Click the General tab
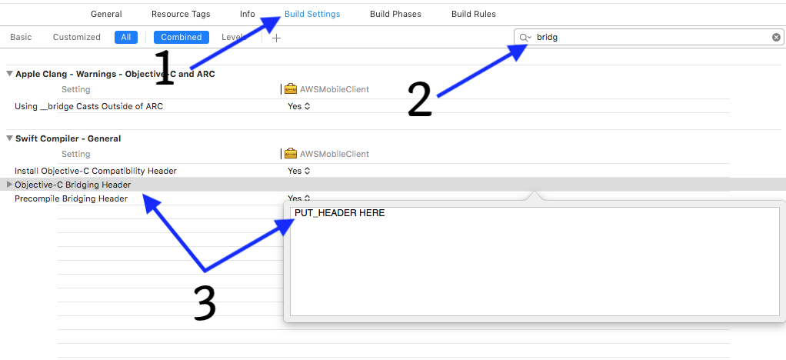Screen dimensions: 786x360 [106, 14]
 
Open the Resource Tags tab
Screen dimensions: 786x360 [181, 14]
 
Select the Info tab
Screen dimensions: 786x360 [247, 14]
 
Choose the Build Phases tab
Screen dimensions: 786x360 [395, 14]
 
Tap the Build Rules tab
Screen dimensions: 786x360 [474, 14]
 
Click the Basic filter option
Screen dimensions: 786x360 [21, 37]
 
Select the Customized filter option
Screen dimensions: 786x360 [77, 37]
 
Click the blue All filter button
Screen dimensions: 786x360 [126, 37]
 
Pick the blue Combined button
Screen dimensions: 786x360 [182, 37]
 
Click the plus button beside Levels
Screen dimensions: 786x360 [276, 38]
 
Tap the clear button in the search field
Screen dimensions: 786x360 [776, 37]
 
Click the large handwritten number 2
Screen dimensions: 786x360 [420, 99]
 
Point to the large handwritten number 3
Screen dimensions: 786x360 [205, 303]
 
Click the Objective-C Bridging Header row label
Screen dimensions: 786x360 [73, 185]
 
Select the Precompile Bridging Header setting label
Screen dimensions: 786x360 [72, 198]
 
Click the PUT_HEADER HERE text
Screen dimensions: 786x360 [339, 213]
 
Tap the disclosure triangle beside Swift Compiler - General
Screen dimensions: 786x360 [9, 138]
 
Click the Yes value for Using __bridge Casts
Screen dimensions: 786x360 [298, 106]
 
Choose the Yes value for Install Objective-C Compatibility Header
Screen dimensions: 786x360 [298, 171]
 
